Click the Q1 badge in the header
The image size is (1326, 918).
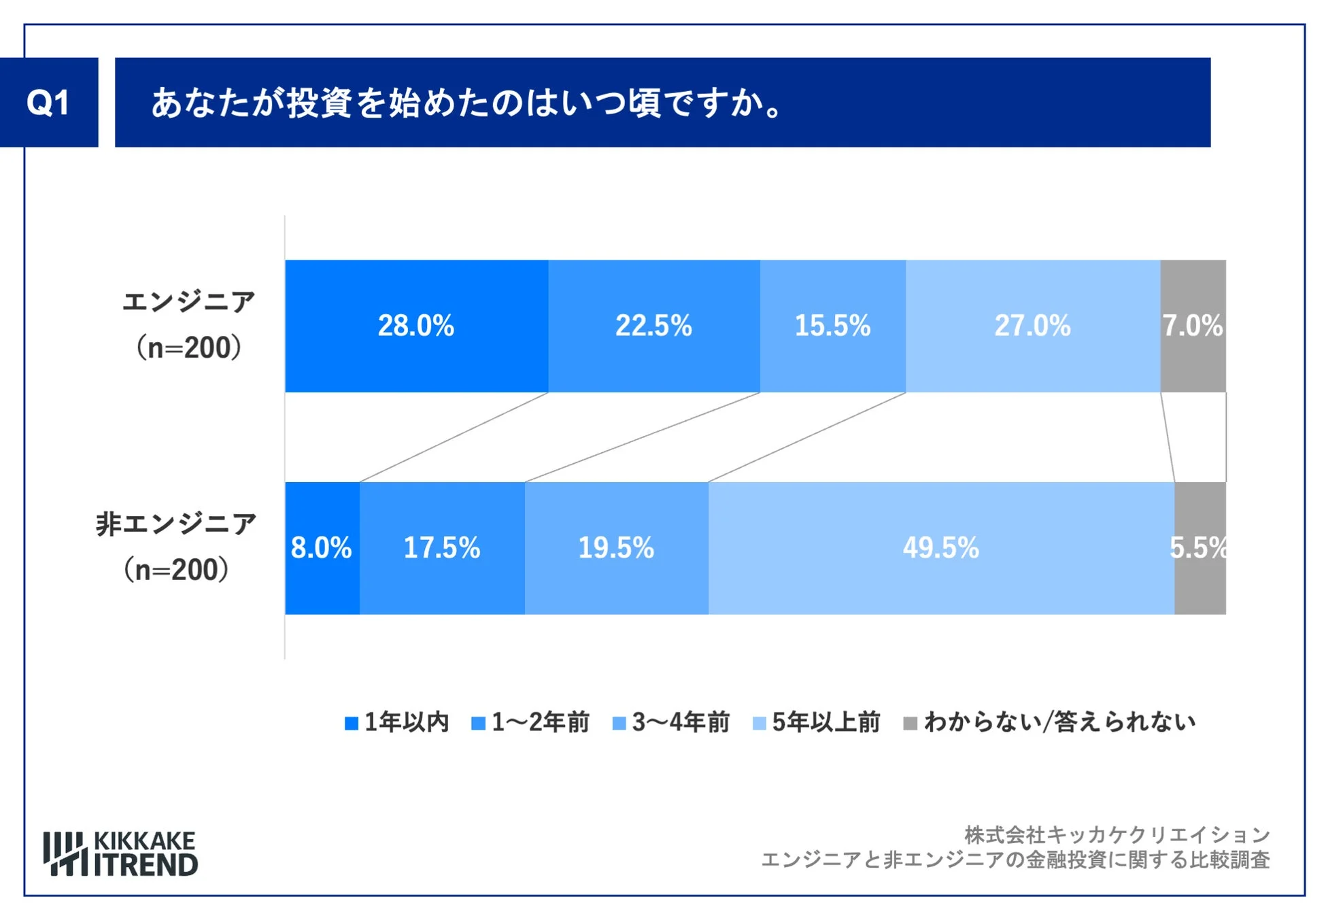point(48,103)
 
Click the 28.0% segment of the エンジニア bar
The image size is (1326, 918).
point(416,326)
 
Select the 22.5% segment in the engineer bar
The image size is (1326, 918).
point(653,326)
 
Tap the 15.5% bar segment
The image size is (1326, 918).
point(832,326)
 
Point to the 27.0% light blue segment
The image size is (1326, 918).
point(1032,326)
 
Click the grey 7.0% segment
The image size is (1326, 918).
point(1193,326)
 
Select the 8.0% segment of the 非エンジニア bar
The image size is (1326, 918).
point(322,548)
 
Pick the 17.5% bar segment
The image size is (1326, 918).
point(442,548)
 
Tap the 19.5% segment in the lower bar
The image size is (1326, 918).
point(616,548)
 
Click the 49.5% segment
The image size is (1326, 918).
point(941,548)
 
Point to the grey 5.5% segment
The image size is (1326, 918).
point(1200,548)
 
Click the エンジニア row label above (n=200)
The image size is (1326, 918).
point(189,301)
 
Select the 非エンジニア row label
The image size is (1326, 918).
point(176,524)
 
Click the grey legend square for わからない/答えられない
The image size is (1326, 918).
point(910,723)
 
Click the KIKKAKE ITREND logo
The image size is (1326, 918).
point(121,853)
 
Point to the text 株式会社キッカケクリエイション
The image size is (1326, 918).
point(1117,834)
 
